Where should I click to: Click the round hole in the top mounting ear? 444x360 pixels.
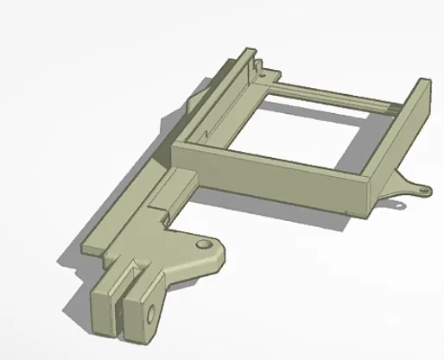click(206, 246)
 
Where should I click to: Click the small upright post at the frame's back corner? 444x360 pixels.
click(258, 62)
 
